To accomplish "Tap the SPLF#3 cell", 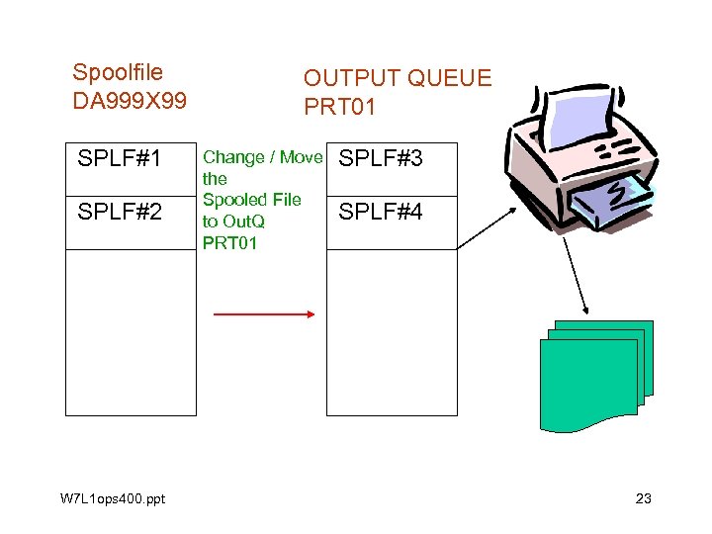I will point(382,158).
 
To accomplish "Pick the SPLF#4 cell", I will point(382,212).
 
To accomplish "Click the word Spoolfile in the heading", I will point(118,72).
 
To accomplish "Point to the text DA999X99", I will point(130,101).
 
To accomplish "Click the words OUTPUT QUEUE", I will point(397,78).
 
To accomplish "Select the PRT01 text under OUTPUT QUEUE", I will point(339,106).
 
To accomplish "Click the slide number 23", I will point(643,498).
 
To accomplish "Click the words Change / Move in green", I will point(262,157).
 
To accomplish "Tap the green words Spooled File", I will point(251,200).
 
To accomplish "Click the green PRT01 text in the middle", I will point(229,243).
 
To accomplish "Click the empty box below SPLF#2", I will point(131,331).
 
